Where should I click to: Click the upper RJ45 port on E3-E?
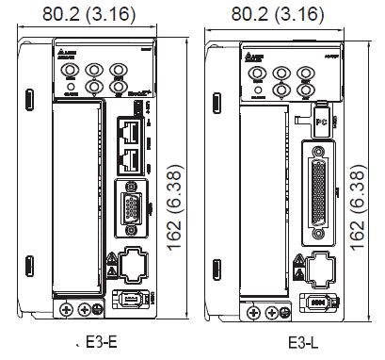130,128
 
